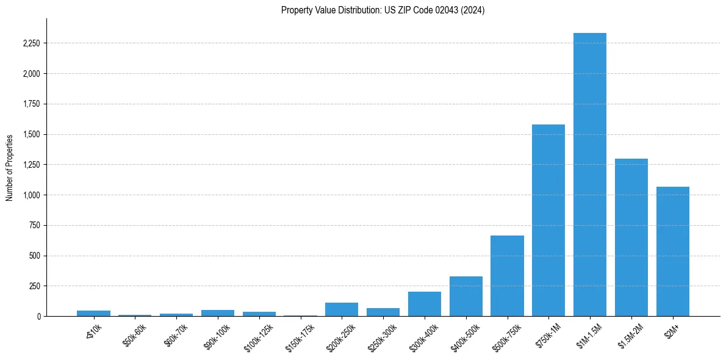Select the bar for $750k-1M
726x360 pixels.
[x=548, y=220]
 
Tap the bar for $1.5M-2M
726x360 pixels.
[x=631, y=237]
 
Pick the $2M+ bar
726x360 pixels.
[x=673, y=251]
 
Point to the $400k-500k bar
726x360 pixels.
[x=466, y=297]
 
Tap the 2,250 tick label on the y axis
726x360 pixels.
[x=31, y=43]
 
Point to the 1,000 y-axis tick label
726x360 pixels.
[x=31, y=195]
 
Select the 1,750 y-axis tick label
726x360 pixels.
[x=31, y=104]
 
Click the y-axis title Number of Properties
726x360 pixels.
[x=10, y=168]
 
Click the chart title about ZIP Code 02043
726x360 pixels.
[x=383, y=10]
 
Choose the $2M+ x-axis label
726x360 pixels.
[x=671, y=330]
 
